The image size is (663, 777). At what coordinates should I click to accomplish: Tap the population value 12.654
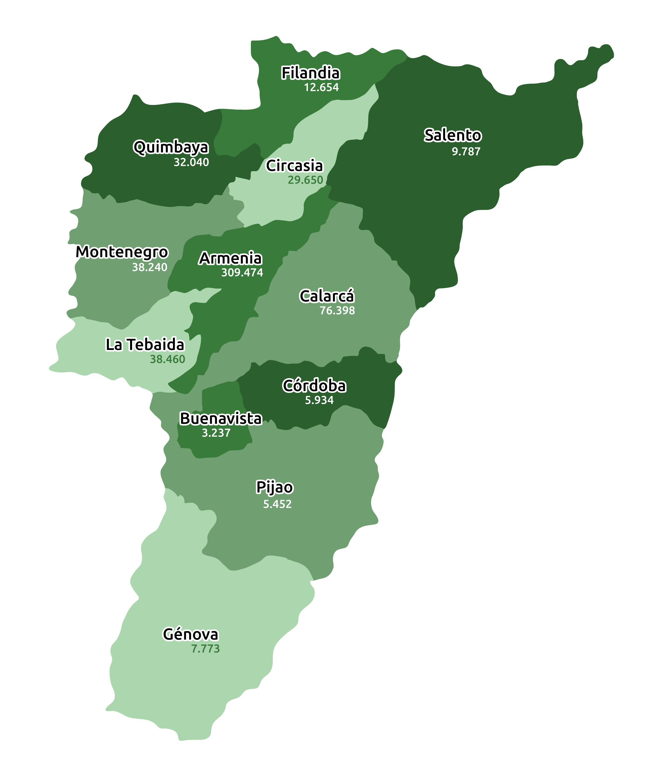(x=321, y=87)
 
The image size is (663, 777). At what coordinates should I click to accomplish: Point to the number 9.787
(x=466, y=152)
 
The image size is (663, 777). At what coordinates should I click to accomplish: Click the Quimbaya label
(x=171, y=147)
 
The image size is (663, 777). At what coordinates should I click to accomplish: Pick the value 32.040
(x=191, y=162)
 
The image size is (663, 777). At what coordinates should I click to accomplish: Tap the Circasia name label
(x=294, y=166)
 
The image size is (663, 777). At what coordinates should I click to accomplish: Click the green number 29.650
(x=305, y=180)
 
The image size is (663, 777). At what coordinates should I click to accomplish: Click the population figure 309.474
(x=242, y=273)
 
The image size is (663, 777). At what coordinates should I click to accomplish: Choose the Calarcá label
(x=326, y=296)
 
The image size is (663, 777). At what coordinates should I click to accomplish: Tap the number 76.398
(x=337, y=311)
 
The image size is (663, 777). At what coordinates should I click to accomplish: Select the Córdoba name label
(x=314, y=386)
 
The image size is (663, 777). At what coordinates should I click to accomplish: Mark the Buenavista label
(x=221, y=418)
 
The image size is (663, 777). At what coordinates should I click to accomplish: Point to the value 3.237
(x=216, y=433)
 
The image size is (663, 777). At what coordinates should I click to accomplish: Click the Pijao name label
(x=274, y=487)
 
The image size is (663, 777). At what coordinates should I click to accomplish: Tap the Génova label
(x=190, y=634)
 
